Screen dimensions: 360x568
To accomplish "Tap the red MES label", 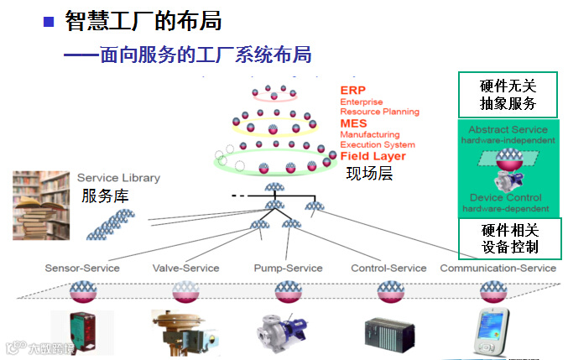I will point(353,123).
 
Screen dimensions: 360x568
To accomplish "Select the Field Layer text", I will point(373,156).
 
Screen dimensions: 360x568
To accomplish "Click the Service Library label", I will point(118,178).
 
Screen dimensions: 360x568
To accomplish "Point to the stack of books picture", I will point(40,205).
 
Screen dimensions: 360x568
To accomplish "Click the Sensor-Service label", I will point(82,269).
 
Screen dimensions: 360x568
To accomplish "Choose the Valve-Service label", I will point(185,269).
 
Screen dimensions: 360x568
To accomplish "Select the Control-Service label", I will point(388,269).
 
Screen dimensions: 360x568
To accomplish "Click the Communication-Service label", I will point(498,269).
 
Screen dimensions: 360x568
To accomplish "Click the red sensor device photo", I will point(81,331).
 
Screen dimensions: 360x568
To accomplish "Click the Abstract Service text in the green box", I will point(508,129).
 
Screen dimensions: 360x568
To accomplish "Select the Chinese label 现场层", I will point(369,174).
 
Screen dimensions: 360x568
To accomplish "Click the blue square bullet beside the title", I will point(49,20).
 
